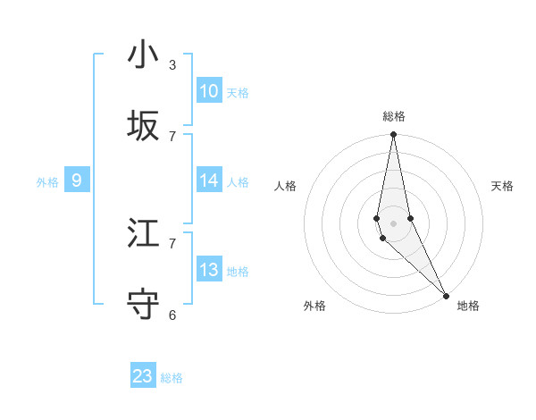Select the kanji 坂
[x=143, y=127]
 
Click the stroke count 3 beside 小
[x=172, y=65]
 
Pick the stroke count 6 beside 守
[x=172, y=315]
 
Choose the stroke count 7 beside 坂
[x=172, y=136]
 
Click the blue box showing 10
[x=209, y=91]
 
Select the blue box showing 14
[x=209, y=181]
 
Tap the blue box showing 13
[x=209, y=270]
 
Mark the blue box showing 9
[x=77, y=181]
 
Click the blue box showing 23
[x=143, y=376]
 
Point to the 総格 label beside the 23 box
[x=172, y=378]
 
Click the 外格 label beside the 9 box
[x=47, y=182]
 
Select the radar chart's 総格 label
[x=394, y=116]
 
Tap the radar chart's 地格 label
[x=468, y=306]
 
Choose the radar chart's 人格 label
[x=285, y=186]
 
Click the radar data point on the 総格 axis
[x=394, y=135]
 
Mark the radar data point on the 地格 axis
[x=446, y=294]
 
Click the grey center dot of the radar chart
[x=394, y=223]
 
